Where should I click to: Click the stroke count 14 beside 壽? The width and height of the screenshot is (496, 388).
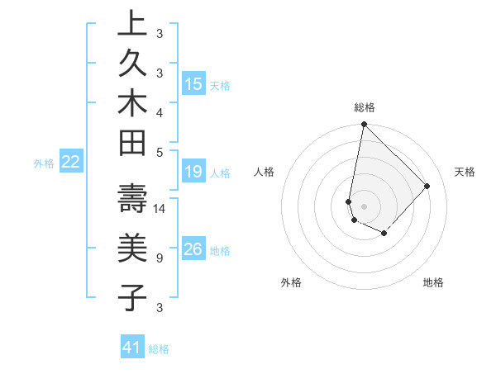(x=160, y=209)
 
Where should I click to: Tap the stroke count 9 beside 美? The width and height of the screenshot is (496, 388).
(x=159, y=258)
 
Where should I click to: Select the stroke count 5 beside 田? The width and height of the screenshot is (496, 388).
(x=159, y=152)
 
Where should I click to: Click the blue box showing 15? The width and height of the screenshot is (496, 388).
(x=193, y=84)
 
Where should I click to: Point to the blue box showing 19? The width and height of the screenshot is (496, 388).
(x=193, y=172)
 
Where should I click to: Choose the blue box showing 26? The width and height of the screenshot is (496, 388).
(x=193, y=249)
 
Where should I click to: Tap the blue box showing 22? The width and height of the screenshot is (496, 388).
(x=71, y=163)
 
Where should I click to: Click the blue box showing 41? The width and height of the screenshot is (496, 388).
(x=132, y=348)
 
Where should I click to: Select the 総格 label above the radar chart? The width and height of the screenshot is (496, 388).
(x=364, y=107)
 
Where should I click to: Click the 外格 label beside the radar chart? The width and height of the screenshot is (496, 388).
(x=291, y=282)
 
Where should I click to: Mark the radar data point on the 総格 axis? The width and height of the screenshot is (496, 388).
(x=364, y=125)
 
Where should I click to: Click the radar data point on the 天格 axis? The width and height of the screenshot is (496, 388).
(x=427, y=186)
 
